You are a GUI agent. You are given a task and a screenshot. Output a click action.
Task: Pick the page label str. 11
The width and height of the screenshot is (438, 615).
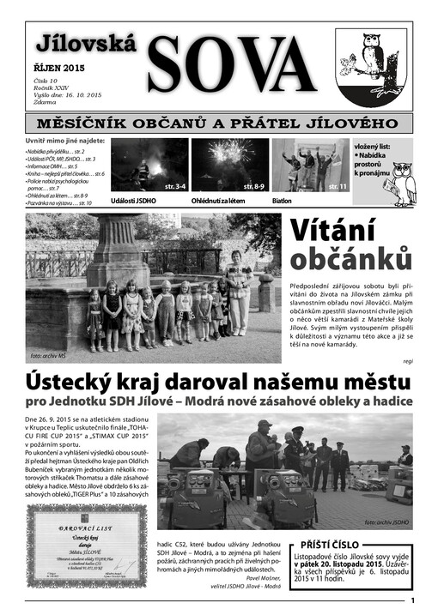tap(338, 185)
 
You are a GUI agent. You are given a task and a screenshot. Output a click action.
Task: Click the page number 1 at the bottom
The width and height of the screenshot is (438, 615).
tap(413, 601)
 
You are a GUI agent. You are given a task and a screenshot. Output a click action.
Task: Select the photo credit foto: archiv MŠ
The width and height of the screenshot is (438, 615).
tap(48, 354)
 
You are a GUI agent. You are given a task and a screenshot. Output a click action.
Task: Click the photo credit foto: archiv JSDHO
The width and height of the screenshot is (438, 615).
tap(387, 521)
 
